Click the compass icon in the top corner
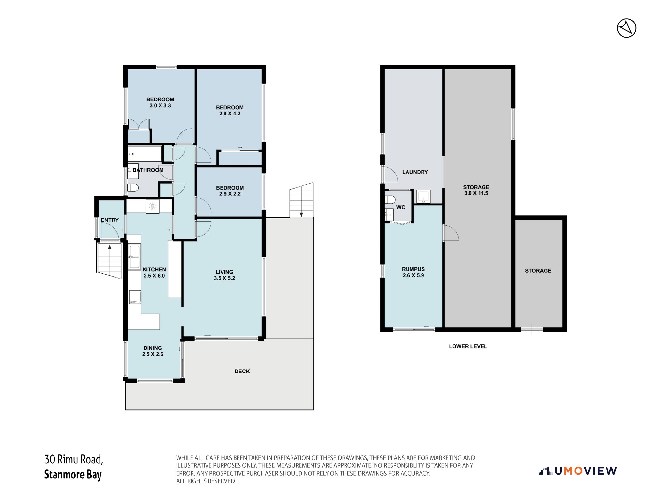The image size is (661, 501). [626, 28]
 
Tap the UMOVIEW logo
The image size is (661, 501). [577, 471]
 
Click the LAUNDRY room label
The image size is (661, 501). [415, 172]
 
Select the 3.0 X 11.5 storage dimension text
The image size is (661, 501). [476, 193]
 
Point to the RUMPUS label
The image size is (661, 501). [413, 269]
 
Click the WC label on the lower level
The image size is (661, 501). [401, 207]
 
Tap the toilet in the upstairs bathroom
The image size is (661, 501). [133, 188]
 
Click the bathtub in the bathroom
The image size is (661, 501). [145, 154]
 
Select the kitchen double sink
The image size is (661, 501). [134, 257]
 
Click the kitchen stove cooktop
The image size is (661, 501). [135, 297]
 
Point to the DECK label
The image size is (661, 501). [242, 371]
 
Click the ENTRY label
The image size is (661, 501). [110, 220]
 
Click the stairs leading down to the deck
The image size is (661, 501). [301, 200]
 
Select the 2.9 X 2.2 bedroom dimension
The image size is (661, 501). [230, 194]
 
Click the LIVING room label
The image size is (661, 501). [224, 272]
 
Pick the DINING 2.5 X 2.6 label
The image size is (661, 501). [152, 351]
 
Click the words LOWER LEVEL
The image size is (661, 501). [468, 346]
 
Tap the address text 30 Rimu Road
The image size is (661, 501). [74, 459]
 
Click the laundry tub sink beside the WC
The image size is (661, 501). [423, 196]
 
